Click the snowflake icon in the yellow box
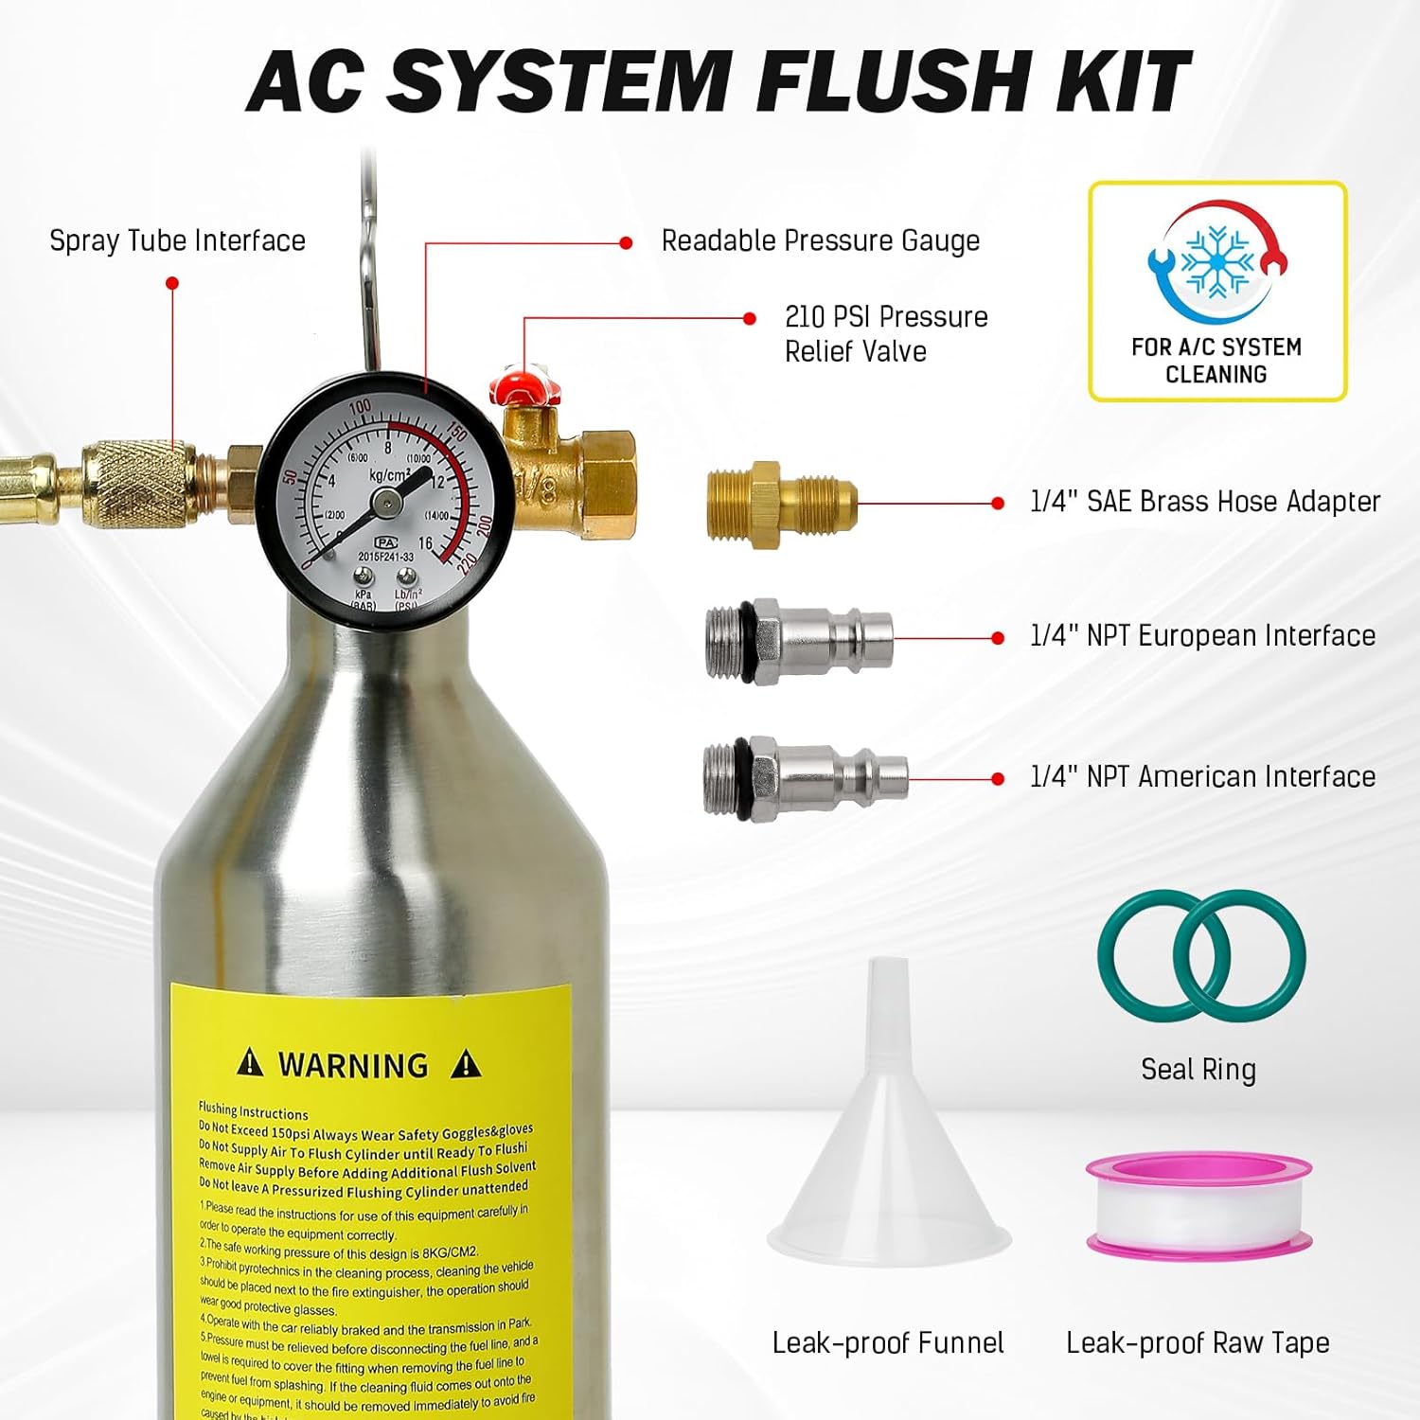[x=1218, y=261]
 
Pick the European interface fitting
[x=798, y=640]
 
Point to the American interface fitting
[x=805, y=779]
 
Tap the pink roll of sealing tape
[x=1198, y=1206]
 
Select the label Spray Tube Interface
[x=177, y=240]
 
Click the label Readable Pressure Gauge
[x=820, y=241]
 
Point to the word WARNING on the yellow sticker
[x=353, y=1065]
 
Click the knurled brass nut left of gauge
[x=137, y=483]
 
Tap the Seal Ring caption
[x=1198, y=1070]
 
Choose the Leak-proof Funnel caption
[x=887, y=1342]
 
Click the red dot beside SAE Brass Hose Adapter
[x=997, y=504]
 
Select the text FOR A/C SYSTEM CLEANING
[x=1216, y=361]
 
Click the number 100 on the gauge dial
[x=360, y=409]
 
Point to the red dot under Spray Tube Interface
[x=172, y=283]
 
